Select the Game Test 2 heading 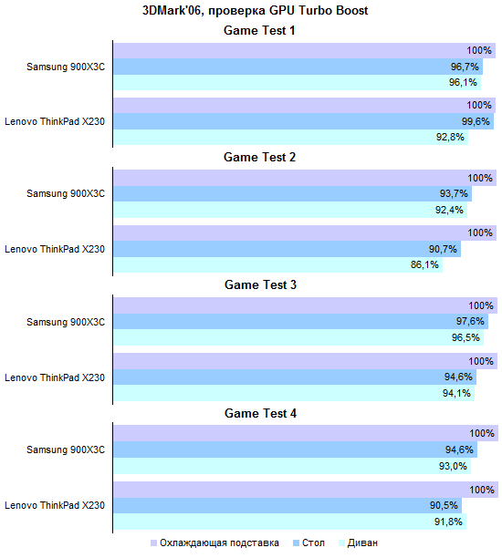260,157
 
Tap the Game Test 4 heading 260,413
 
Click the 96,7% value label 465,67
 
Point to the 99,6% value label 476,121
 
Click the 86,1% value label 424,264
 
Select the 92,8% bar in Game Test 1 291,137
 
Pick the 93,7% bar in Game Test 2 292,193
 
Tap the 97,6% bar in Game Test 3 300,321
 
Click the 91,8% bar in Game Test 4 289,522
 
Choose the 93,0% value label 453,466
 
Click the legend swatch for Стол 296,543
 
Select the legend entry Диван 358,543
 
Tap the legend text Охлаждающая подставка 219,543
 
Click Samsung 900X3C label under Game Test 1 66,67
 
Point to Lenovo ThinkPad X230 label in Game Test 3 55,377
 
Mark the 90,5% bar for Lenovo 288,505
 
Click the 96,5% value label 465,337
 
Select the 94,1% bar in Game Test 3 294,393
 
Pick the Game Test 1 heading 259,30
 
